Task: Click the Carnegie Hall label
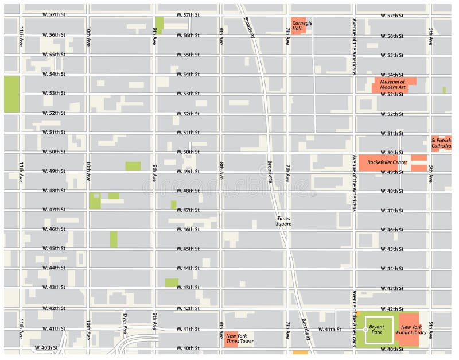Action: pos(301,25)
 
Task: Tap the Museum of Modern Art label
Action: pos(392,84)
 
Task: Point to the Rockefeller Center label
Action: pos(387,162)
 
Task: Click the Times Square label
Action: pos(284,221)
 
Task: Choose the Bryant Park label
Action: pos(376,329)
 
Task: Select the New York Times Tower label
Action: pos(240,338)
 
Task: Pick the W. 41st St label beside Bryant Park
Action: pos(329,330)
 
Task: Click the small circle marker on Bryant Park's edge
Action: pos(365,330)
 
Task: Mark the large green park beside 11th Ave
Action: pos(11,94)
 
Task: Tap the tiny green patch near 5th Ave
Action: pos(444,90)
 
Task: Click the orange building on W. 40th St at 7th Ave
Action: pos(299,353)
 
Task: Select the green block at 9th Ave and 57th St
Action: pos(159,25)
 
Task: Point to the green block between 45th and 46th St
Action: pos(114,239)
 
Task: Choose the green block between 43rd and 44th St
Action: pos(172,282)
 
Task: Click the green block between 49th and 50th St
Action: pos(133,166)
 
